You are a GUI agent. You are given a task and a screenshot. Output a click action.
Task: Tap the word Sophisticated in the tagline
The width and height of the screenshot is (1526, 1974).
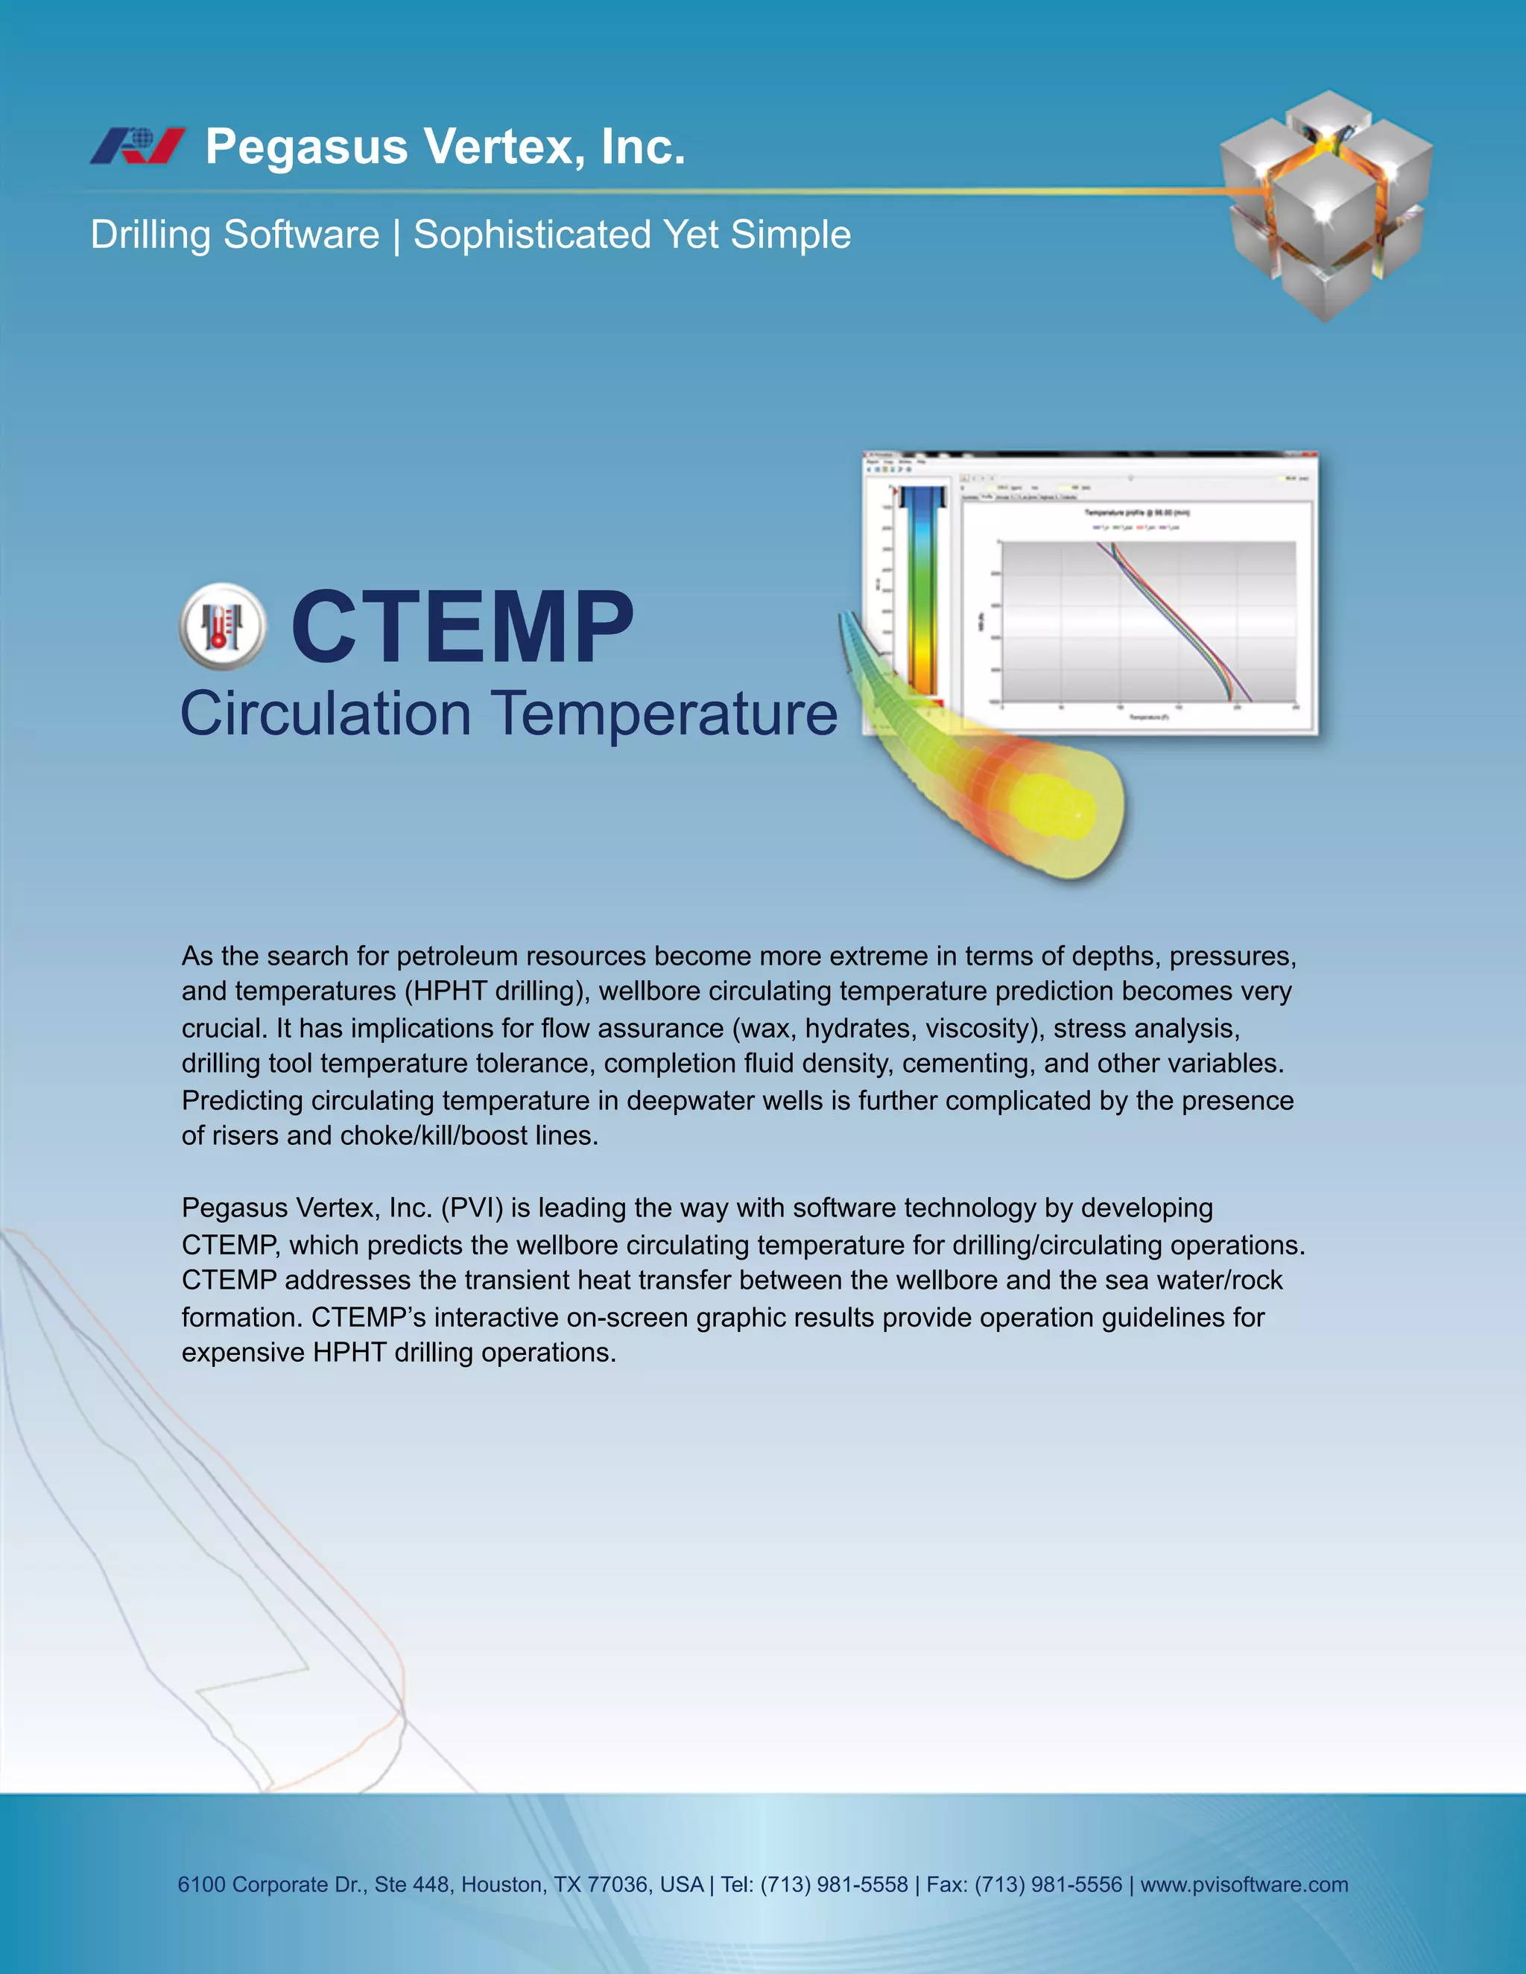coord(531,235)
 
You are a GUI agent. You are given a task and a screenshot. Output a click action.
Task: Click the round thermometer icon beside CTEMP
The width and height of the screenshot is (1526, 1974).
coord(222,626)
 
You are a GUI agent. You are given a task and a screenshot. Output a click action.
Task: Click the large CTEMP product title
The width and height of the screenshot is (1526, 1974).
coord(462,626)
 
